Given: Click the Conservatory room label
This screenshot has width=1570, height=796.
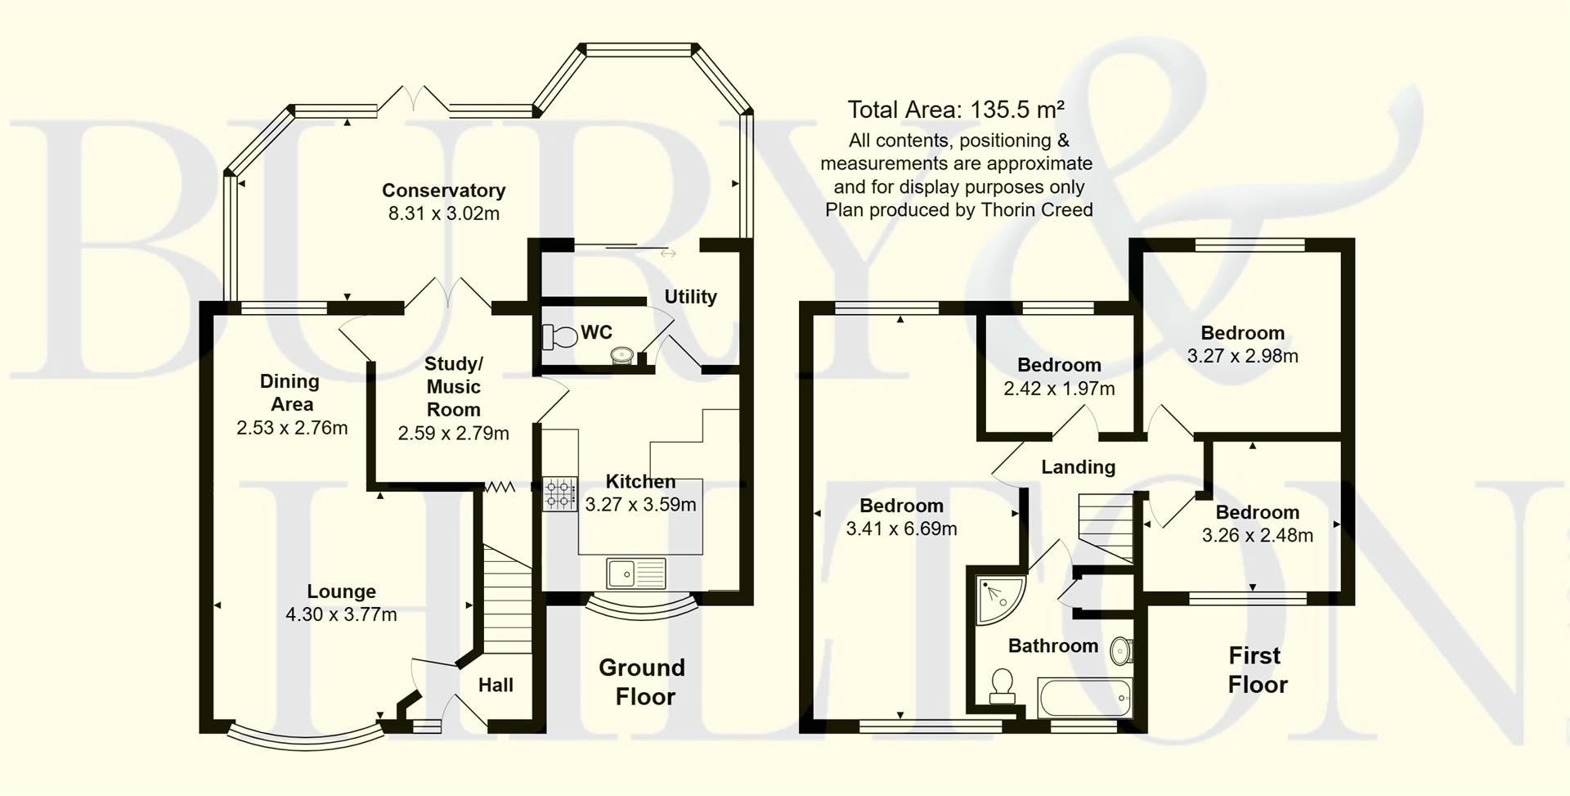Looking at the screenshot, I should click(x=443, y=191).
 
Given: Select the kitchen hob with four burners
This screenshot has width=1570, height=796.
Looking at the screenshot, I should click(x=560, y=494).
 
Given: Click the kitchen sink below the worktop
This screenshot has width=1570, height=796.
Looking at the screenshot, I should click(x=636, y=573).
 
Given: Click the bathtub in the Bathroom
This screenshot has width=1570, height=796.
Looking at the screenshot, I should click(x=1084, y=698).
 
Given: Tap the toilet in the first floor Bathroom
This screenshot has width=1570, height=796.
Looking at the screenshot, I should click(x=1003, y=686).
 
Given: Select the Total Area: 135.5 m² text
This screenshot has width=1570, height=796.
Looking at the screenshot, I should click(x=956, y=110).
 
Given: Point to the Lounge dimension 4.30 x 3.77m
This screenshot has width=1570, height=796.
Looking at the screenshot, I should click(x=341, y=614).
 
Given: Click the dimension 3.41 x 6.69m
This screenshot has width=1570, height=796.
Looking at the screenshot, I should click(x=901, y=529).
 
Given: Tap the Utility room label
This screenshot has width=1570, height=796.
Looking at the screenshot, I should click(x=690, y=297).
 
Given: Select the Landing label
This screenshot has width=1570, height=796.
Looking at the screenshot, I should click(x=1078, y=467).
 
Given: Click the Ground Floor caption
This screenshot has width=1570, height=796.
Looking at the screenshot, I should click(x=643, y=682).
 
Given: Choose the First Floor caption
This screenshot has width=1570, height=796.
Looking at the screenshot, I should click(x=1257, y=670).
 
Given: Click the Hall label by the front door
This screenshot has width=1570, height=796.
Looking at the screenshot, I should click(x=496, y=686).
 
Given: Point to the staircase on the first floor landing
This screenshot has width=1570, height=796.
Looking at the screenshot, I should click(x=1106, y=525).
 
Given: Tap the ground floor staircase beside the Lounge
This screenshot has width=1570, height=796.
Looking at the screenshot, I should click(x=507, y=597).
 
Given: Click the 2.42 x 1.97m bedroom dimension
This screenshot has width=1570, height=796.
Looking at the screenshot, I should click(x=1059, y=389).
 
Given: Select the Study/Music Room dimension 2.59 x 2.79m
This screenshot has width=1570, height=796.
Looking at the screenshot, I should click(x=453, y=434).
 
